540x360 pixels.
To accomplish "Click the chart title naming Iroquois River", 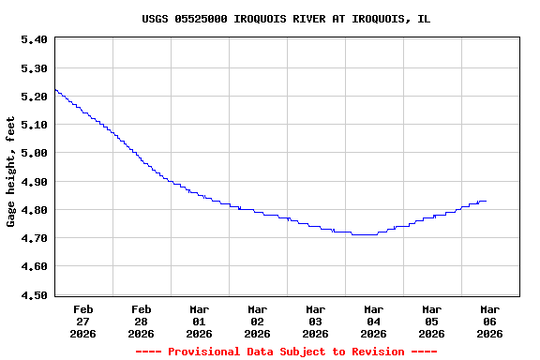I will tap(286, 19).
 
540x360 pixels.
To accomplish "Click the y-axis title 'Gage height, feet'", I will tap(11, 172).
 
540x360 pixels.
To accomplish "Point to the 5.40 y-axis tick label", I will tap(34, 39).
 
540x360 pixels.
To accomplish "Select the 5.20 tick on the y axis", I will tap(34, 97).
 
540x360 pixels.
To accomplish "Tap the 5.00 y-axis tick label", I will tap(34, 153).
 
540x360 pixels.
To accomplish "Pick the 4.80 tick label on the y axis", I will tap(34, 210).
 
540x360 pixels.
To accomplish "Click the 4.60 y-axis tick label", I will tap(34, 267).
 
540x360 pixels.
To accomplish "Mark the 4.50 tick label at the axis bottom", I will tap(34, 295).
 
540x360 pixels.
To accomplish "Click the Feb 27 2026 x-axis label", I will tap(83, 322).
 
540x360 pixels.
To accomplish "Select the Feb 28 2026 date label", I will tap(142, 322).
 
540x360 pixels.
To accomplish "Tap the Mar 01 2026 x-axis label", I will tap(200, 322).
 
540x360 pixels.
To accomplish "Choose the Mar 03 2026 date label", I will tap(316, 322).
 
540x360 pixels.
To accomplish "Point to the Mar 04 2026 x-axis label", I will tap(374, 322).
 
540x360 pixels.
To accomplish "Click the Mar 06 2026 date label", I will tap(489, 322).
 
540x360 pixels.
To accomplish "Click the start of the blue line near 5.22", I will tap(56, 90).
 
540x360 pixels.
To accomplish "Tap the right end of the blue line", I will tap(486, 201).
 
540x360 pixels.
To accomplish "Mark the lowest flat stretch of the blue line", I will tap(365, 234).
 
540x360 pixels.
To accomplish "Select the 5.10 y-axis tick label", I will tap(34, 125).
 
